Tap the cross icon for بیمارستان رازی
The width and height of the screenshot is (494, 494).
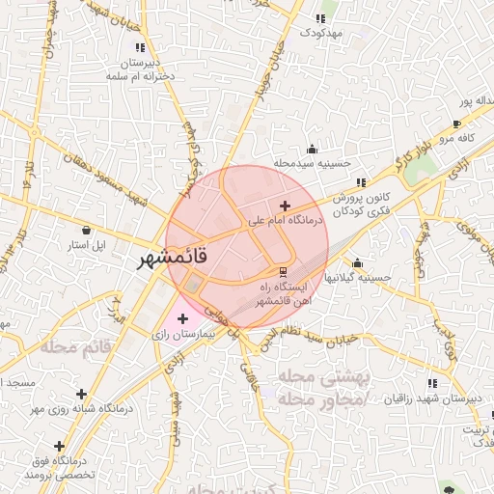(x=182, y=318)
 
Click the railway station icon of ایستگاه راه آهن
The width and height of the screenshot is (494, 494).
(x=283, y=271)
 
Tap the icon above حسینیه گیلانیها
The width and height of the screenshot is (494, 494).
(x=358, y=263)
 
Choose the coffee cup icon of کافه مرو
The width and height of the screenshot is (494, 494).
(x=456, y=124)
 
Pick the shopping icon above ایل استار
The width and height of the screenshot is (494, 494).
(x=89, y=231)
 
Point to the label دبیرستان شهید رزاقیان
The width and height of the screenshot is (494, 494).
(x=424, y=398)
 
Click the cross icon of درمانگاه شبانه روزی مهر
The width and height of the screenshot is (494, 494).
(x=81, y=395)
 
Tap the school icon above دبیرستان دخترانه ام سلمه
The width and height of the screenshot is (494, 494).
(x=140, y=46)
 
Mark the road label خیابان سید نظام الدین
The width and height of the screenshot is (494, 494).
(x=314, y=337)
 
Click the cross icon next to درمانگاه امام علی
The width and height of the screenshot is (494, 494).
(x=284, y=206)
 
